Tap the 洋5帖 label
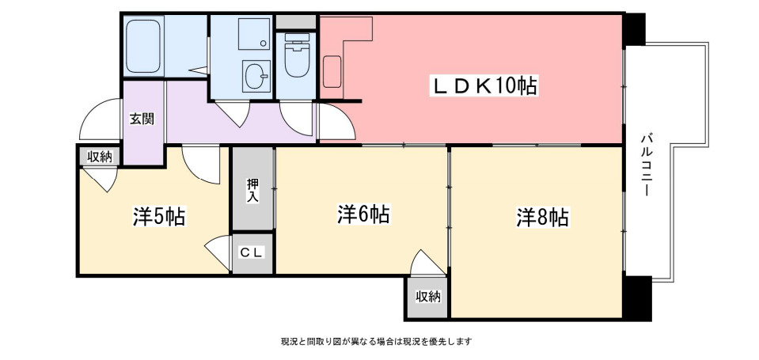pyautogui.click(x=159, y=217)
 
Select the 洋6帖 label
pyautogui.click(x=363, y=214)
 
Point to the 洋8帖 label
pyautogui.click(x=542, y=218)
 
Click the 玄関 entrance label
pyautogui.click(x=142, y=119)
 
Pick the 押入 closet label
pyautogui.click(x=252, y=190)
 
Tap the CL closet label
pyautogui.click(x=252, y=252)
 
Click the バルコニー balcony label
pyautogui.click(x=645, y=165)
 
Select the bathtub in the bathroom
pyautogui.click(x=143, y=47)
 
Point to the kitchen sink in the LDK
pyautogui.click(x=332, y=72)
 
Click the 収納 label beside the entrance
pyautogui.click(x=100, y=157)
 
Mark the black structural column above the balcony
pyautogui.click(x=635, y=29)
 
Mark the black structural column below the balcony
pyautogui.click(x=635, y=297)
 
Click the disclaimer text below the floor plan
pyautogui.click(x=377, y=342)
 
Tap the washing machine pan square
pyautogui.click(x=254, y=33)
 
